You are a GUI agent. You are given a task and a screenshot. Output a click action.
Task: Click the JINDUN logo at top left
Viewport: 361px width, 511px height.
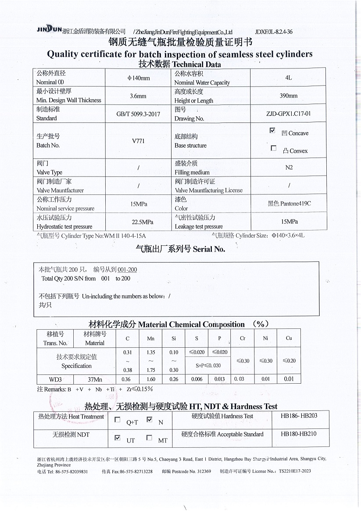pyautogui.click(x=49, y=29)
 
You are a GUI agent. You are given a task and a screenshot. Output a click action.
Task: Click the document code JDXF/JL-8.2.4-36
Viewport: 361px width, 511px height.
pyautogui.click(x=273, y=32)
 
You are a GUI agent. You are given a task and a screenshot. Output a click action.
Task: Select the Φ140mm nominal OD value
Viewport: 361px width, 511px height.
pyautogui.click(x=139, y=78)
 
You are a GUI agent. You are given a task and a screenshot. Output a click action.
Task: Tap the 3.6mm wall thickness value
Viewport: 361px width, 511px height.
pyautogui.click(x=139, y=96)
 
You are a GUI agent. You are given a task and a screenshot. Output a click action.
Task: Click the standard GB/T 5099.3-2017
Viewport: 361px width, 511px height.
pyautogui.click(x=138, y=114)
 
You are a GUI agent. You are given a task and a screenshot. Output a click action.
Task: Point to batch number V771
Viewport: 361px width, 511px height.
pyautogui.click(x=138, y=141)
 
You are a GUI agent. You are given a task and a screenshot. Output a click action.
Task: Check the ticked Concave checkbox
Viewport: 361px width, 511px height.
pyautogui.click(x=272, y=131)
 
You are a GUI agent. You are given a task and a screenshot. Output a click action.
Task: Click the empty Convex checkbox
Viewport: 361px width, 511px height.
pyautogui.click(x=274, y=148)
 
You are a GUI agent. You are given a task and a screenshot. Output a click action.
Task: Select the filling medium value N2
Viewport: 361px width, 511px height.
pyautogui.click(x=289, y=167)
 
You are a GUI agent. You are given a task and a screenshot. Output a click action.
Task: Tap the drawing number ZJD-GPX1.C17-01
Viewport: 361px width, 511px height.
pyautogui.click(x=289, y=114)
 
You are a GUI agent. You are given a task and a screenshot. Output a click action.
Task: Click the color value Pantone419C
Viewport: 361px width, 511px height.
pyautogui.click(x=290, y=204)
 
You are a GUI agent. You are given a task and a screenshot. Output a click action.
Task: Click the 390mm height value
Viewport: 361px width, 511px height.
pyautogui.click(x=289, y=96)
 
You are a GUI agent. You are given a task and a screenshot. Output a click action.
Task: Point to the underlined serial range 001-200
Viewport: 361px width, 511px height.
pyautogui.click(x=127, y=270)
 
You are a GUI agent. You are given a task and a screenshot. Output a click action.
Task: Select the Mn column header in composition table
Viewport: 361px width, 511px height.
pyautogui.click(x=148, y=338)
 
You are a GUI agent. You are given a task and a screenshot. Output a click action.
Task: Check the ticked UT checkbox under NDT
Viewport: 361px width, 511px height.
pyautogui.click(x=117, y=438)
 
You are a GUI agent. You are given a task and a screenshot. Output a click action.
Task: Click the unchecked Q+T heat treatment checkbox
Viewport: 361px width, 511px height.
pyautogui.click(x=117, y=420)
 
